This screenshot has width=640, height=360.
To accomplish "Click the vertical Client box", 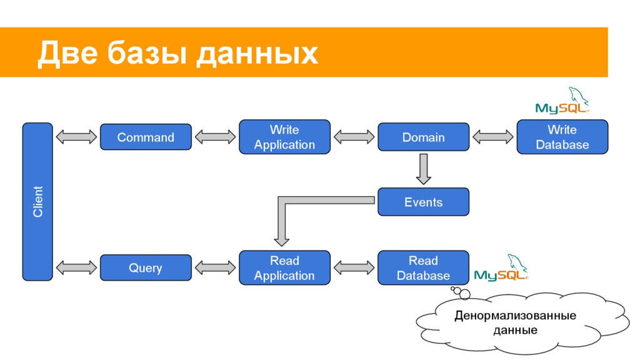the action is [x=37, y=202].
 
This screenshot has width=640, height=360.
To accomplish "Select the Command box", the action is [x=146, y=137].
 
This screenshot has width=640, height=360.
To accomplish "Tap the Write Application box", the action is [x=284, y=137].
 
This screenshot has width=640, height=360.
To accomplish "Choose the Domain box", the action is [x=423, y=137].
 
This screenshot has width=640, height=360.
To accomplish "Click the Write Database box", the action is [x=562, y=137].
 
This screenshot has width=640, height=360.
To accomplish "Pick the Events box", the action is [x=423, y=202].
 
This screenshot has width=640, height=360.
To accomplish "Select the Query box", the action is [x=146, y=267].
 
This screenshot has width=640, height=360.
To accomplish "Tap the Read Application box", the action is [x=284, y=267].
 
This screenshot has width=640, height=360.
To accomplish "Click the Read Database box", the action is [x=423, y=267].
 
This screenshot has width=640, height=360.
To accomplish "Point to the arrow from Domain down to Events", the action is [x=424, y=169].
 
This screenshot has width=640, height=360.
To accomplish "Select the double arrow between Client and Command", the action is [x=76, y=137].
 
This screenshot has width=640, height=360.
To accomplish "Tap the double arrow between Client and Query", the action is [x=76, y=267].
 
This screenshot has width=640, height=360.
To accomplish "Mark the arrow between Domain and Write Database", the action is [x=493, y=137].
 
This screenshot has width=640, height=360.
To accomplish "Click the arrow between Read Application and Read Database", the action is [x=354, y=267].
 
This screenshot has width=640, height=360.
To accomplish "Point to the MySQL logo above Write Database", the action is [x=562, y=101].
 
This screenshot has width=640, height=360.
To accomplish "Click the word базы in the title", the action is [x=147, y=53].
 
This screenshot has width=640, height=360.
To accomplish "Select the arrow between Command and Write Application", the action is [x=215, y=137].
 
